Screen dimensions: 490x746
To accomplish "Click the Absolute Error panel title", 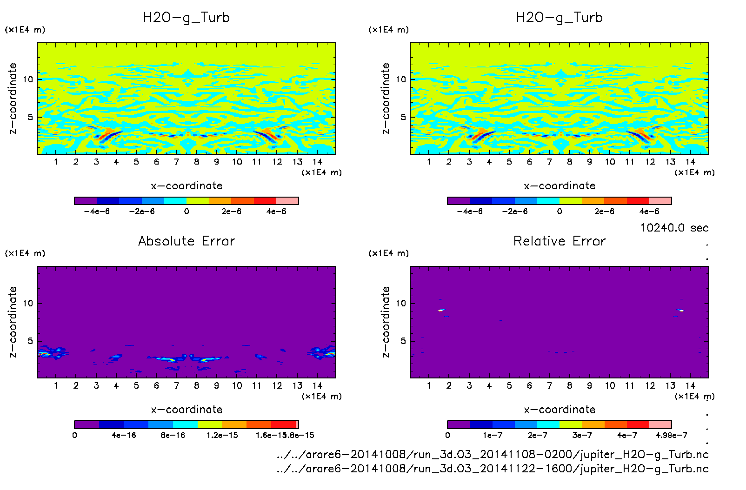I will (x=186, y=241).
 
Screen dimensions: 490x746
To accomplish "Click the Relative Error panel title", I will (x=559, y=241).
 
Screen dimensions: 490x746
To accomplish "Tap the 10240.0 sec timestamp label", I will (x=674, y=228).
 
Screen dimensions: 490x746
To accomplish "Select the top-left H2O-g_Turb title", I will (x=186, y=18).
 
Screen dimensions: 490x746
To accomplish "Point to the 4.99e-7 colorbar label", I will (x=671, y=435).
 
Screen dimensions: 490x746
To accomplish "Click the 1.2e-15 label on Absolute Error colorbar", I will (x=222, y=435).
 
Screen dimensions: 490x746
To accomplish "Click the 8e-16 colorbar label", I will (x=173, y=435).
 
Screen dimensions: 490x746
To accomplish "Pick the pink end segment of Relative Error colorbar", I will (x=660, y=424).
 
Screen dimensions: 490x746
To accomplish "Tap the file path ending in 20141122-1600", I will (x=493, y=469).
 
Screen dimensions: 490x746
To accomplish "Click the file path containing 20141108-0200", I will (x=493, y=454).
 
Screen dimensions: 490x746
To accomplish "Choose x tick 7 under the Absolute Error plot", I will (x=176, y=385).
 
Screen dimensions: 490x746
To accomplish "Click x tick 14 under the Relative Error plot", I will (x=690, y=385).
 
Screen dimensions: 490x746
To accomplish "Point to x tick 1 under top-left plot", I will (x=56, y=162).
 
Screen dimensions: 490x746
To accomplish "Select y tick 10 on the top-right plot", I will (x=401, y=79).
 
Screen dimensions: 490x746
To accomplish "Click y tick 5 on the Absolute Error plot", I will (x=30, y=341).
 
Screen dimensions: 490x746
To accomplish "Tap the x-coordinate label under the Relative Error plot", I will (x=559, y=410).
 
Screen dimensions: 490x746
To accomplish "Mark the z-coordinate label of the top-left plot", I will (x=13, y=99).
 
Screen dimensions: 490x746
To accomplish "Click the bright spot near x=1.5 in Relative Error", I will (x=441, y=310).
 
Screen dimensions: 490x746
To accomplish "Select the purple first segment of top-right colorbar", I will (x=459, y=201).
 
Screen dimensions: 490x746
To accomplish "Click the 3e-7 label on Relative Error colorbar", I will (x=582, y=435).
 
